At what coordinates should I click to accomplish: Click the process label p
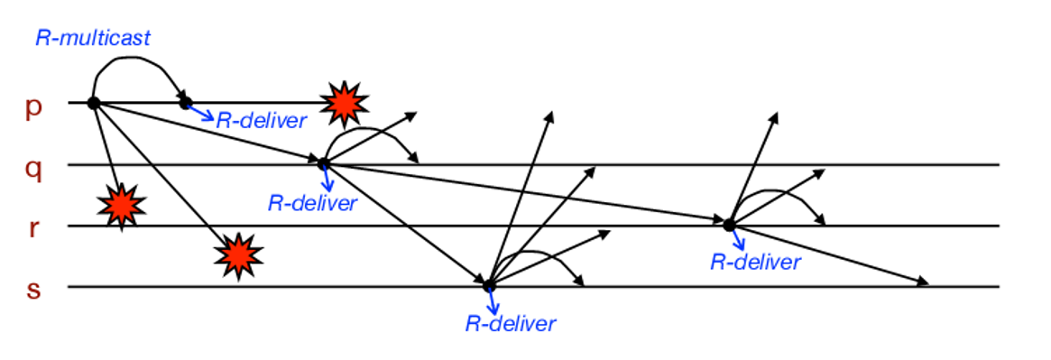pos(33,107)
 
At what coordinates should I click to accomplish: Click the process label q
pos(33,169)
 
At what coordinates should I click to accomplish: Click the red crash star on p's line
pos(343,104)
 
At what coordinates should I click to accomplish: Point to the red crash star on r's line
pos(120,207)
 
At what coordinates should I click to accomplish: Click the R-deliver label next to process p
pos(262,120)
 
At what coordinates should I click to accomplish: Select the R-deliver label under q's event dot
pos(312,202)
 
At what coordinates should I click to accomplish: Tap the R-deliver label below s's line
pos(511,323)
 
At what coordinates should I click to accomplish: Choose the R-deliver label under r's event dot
pos(755,262)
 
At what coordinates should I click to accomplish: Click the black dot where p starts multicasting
pos(93,103)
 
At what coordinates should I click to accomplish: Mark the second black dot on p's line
pos(185,103)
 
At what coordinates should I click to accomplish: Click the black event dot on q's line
pos(323,163)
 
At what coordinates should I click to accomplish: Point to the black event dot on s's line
pos(489,285)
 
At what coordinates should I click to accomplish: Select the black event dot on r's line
pos(728,223)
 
